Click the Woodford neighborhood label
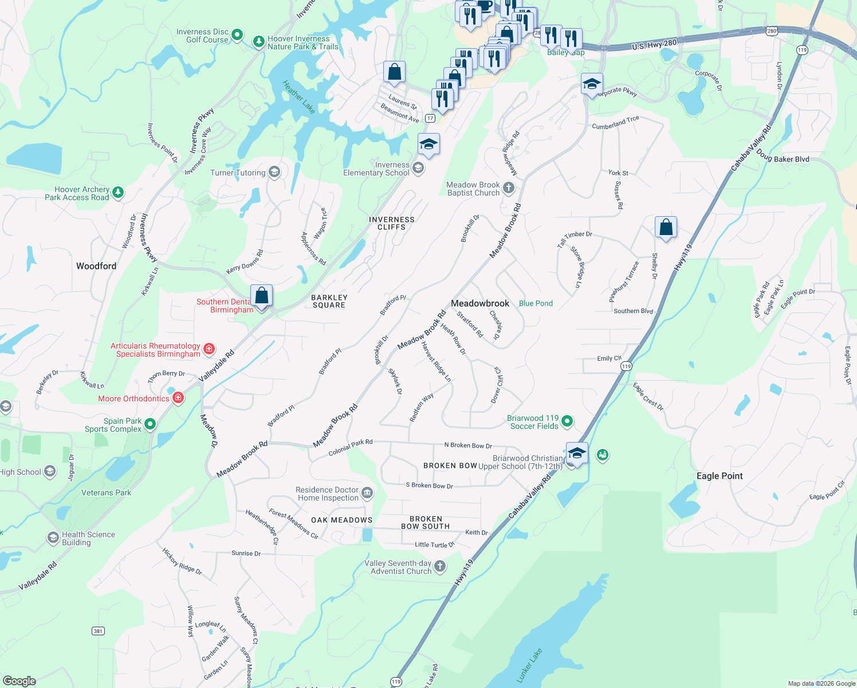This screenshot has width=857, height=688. pos(96,266)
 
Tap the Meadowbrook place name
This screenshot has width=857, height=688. pos(480,303)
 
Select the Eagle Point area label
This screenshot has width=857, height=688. pos(720,476)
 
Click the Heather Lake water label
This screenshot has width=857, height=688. pos(299,97)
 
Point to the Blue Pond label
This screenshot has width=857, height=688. pos(536,303)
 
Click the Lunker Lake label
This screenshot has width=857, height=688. pos(529,666)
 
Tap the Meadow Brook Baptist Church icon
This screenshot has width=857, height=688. pos(508,187)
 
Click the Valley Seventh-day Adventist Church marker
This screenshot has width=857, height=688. pos(440,566)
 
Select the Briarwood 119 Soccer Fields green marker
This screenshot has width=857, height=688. pos(567,421)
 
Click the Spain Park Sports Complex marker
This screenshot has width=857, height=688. pos(150,424)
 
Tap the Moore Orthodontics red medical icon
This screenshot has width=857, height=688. pos(178,398)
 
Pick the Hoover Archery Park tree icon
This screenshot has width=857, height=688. pos(118,192)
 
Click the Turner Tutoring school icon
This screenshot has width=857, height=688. pos(274,172)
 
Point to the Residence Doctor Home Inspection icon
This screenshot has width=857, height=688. pos(367,493)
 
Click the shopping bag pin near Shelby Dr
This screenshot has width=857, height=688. pos(666,227)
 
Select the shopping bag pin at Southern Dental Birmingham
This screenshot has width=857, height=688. pos(261,296)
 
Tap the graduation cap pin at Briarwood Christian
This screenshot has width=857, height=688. pos(576,454)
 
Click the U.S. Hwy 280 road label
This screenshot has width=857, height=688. pos(654,44)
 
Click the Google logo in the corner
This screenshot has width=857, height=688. pos(19,681)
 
